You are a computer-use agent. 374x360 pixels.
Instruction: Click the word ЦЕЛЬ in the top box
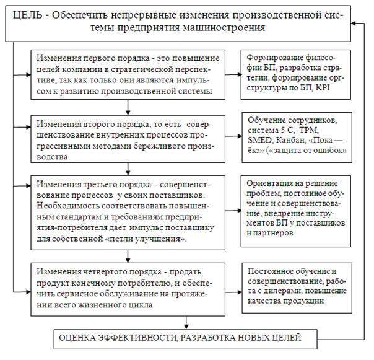coord(27,15)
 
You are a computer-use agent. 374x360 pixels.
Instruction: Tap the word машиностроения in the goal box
coord(224,27)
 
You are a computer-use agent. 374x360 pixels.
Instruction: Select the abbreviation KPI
coord(323,88)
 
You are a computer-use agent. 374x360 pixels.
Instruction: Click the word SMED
coord(260,141)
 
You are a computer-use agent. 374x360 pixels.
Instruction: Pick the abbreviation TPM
coord(309,130)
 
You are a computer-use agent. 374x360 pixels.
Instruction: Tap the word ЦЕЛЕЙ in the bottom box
coord(286,338)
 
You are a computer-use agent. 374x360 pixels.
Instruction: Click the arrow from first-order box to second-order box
coord(128,107)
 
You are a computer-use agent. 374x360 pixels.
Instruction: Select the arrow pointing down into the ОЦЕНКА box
coord(186,323)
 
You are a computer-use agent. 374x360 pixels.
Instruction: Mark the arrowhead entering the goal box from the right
coord(354,24)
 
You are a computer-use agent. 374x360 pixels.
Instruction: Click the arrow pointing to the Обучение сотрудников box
coord(233,136)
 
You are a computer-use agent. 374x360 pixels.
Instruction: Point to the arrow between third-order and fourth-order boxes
coord(128,257)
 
